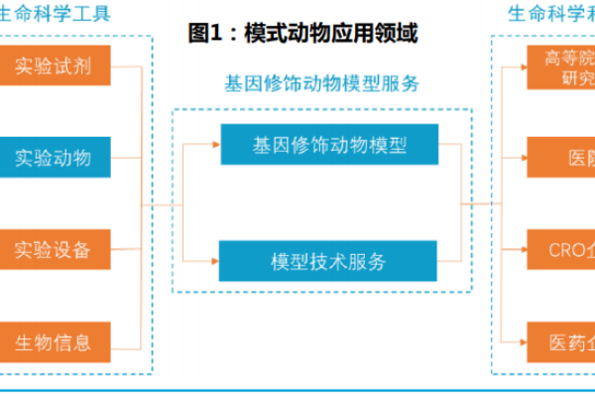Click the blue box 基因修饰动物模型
[328, 145]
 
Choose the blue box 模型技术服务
[328, 262]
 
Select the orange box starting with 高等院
[560, 67]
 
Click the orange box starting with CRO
[560, 250]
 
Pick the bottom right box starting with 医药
[560, 342]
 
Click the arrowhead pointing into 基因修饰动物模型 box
[214, 145]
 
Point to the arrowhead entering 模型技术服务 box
[214, 262]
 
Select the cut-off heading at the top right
[551, 14]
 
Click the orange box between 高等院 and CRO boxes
[560, 158]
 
